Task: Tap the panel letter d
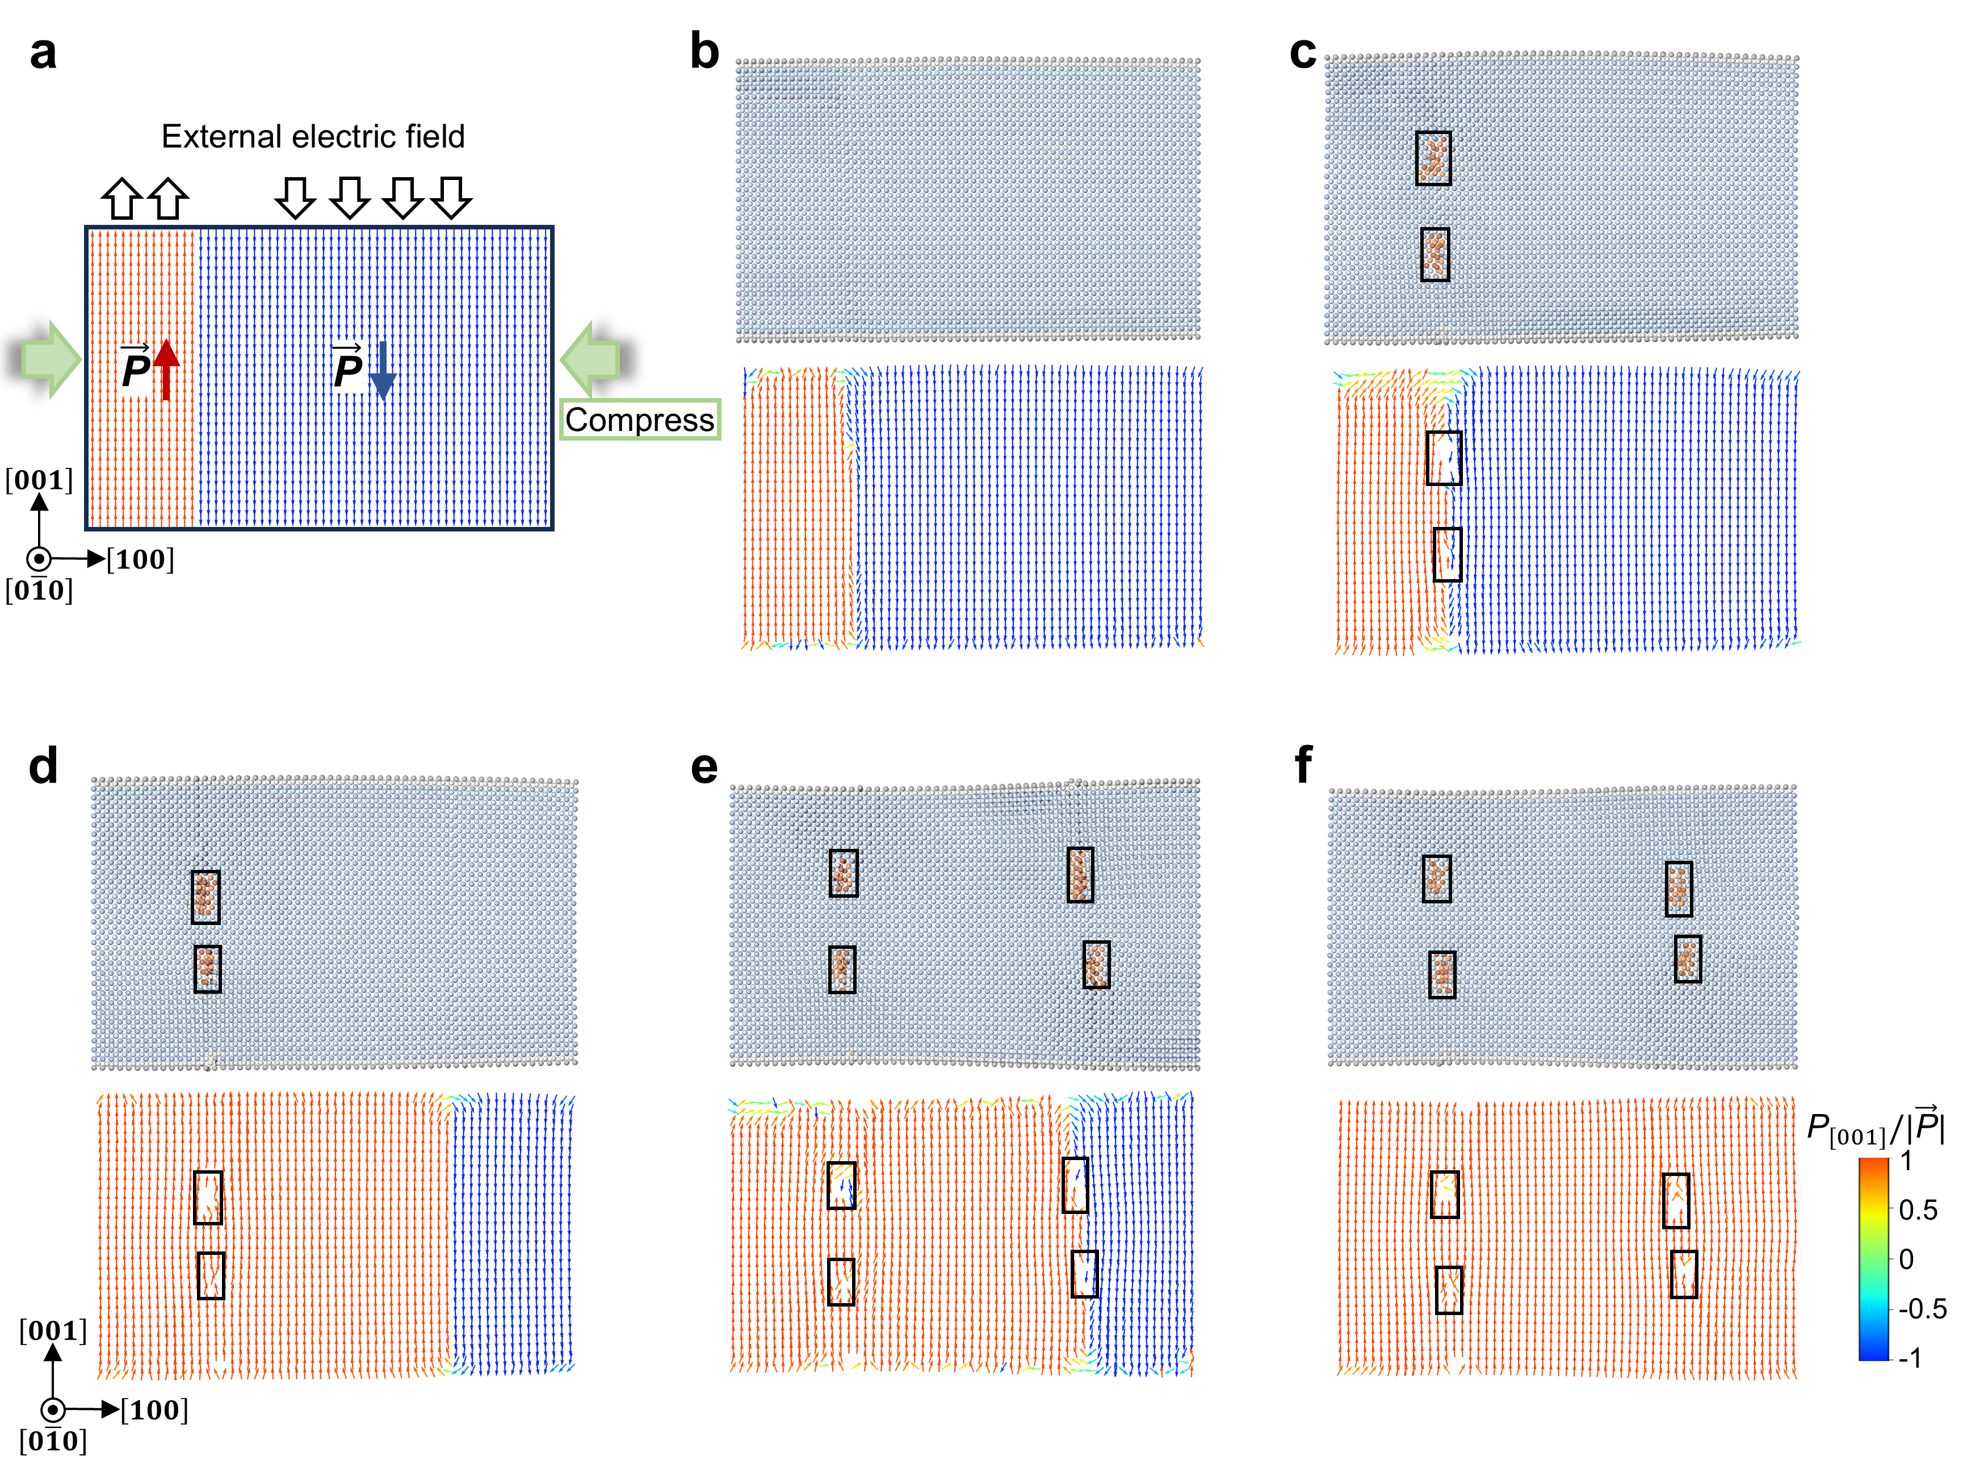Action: pyautogui.click(x=43, y=765)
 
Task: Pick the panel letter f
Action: pyautogui.click(x=1302, y=765)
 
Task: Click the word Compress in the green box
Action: pyautogui.click(x=639, y=420)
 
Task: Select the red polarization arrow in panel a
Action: pyautogui.click(x=166, y=369)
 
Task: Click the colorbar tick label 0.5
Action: pyautogui.click(x=1917, y=1209)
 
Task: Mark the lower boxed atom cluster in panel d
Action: pyautogui.click(x=208, y=968)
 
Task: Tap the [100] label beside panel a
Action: pyautogui.click(x=140, y=559)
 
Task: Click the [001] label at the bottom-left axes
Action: pyautogui.click(x=53, y=1330)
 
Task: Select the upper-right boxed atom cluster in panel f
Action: pyautogui.click(x=1678, y=888)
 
